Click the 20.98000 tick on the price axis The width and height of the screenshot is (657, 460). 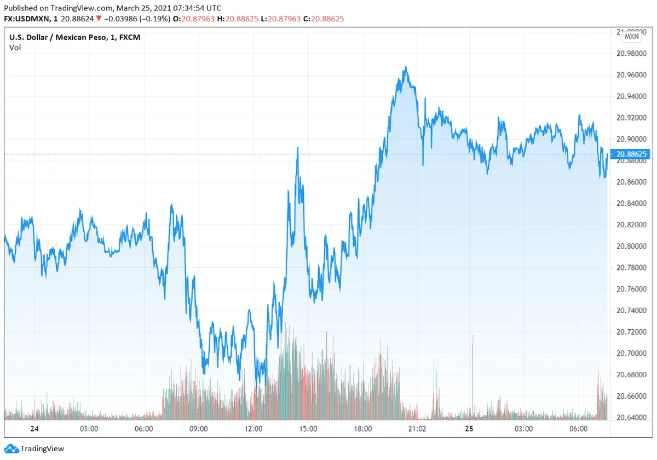pos(631,54)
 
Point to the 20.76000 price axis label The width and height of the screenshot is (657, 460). pos(631,289)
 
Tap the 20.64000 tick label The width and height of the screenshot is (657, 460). pos(631,418)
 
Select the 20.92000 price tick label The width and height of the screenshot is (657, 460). pos(631,118)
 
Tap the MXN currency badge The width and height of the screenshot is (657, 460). pos(631,36)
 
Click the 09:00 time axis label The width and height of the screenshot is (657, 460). pos(198,429)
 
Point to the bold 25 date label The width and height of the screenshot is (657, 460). pos(469,429)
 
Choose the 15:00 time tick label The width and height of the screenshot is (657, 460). pos(308,429)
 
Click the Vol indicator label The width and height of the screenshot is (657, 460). pos(15,48)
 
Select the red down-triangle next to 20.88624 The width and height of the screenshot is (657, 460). pos(98,19)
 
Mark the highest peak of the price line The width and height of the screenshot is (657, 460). pos(406,67)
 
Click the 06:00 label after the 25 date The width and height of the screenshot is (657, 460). pos(579,429)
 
